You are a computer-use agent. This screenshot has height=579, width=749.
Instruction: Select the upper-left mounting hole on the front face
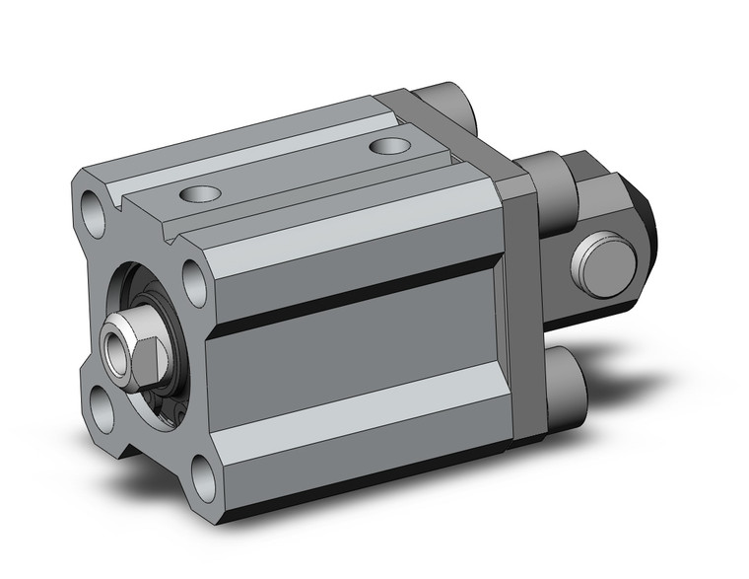(x=95, y=208)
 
